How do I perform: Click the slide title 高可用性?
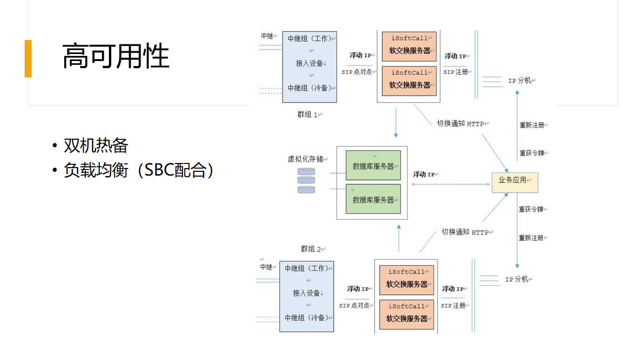pos(115,57)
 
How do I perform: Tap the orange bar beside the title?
pos(28,59)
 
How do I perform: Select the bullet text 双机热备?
pos(96,146)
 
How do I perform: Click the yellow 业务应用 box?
pos(515,183)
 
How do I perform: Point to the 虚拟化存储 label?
pos(305,159)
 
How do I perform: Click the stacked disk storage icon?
pos(306,181)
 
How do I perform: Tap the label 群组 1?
pos(309,115)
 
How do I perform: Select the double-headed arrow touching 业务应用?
pos(451,184)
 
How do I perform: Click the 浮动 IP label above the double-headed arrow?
pos(424,175)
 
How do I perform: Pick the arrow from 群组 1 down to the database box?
pos(396,122)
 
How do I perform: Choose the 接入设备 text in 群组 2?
pos(306,293)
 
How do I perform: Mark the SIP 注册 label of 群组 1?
pos(456,72)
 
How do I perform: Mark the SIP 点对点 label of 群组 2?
pos(355,306)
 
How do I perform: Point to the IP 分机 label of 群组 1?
pos(520,81)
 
